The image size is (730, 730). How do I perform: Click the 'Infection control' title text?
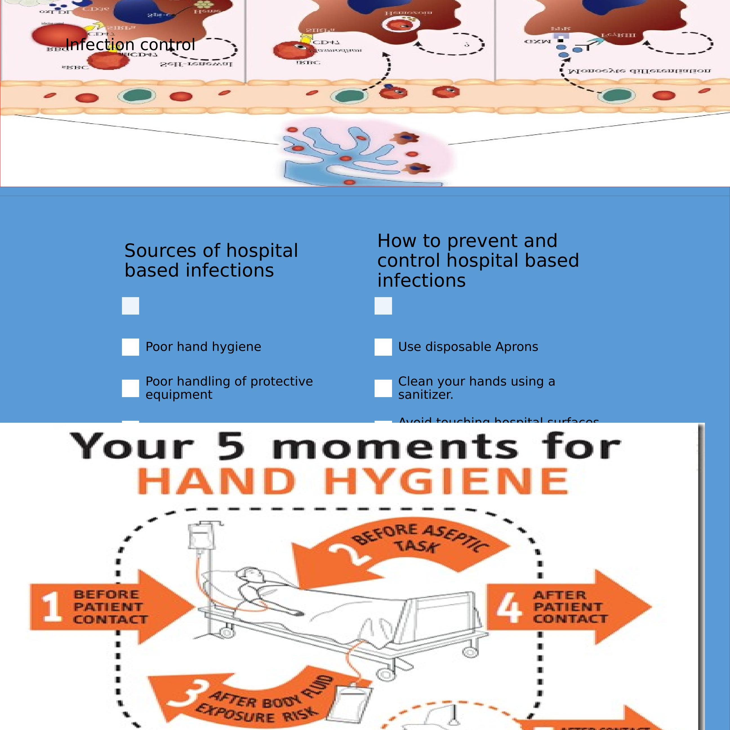tap(130, 44)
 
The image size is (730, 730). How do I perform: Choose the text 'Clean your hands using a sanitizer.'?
tap(476, 388)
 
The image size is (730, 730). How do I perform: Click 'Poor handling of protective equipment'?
tap(229, 388)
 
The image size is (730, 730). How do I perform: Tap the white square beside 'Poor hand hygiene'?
tap(130, 347)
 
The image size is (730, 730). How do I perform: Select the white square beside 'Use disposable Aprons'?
tap(383, 347)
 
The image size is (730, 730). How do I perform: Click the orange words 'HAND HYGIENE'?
tap(353, 481)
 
